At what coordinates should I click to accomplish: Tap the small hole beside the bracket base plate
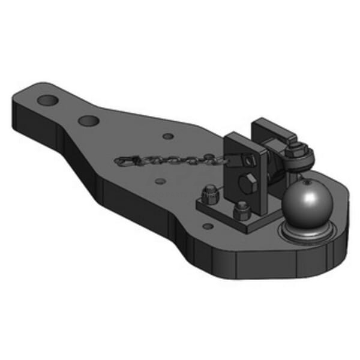pyautogui.click(x=208, y=226)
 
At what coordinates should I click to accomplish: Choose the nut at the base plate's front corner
pyautogui.click(x=241, y=210)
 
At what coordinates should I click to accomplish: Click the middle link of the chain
pyautogui.click(x=174, y=161)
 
